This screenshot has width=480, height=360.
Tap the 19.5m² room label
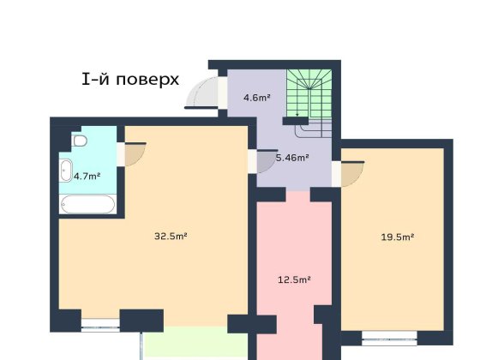click(x=397, y=237)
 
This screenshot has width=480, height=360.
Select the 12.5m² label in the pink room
click(x=293, y=279)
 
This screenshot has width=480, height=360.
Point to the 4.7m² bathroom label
click(x=87, y=176)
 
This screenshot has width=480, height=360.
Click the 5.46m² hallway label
click(x=291, y=158)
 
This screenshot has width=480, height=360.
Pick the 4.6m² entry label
click(x=256, y=97)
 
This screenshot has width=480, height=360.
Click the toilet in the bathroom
click(x=79, y=141)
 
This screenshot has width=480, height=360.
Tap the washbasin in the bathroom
click(x=66, y=170)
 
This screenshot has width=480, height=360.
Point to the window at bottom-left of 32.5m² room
click(x=100, y=325)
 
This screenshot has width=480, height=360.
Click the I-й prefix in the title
click(x=95, y=80)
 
